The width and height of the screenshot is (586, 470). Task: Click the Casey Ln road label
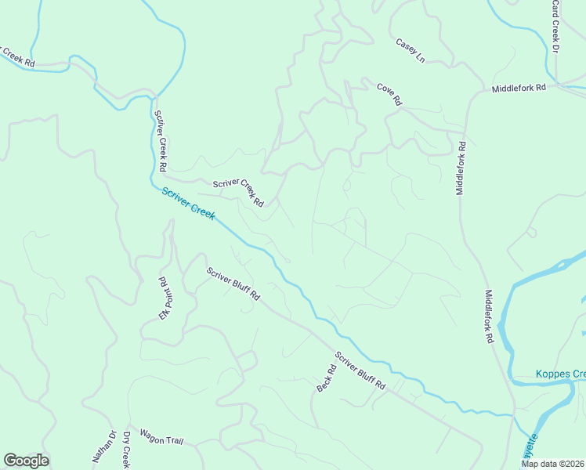click(410, 50)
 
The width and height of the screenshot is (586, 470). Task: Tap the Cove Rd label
click(389, 95)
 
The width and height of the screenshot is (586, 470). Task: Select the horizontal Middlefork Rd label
click(519, 89)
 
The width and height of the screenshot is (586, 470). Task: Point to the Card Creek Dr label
click(555, 26)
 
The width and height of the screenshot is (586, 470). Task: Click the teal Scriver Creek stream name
click(189, 204)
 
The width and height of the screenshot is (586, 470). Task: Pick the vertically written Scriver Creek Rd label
click(160, 141)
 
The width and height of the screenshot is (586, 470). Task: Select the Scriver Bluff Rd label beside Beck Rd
click(361, 371)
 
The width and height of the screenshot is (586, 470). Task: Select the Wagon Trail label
click(161, 436)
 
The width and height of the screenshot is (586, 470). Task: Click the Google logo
click(26, 461)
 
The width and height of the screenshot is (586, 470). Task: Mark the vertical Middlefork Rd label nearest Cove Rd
click(461, 168)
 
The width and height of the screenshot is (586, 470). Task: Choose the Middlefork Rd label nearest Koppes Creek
click(490, 317)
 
